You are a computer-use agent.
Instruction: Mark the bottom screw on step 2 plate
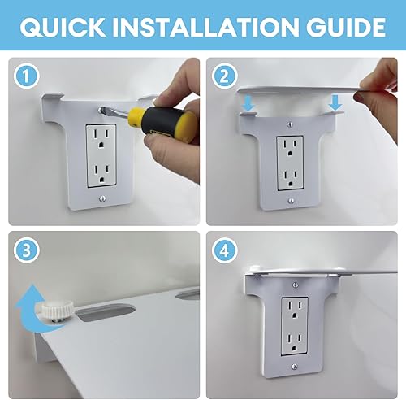pos(291,202)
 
